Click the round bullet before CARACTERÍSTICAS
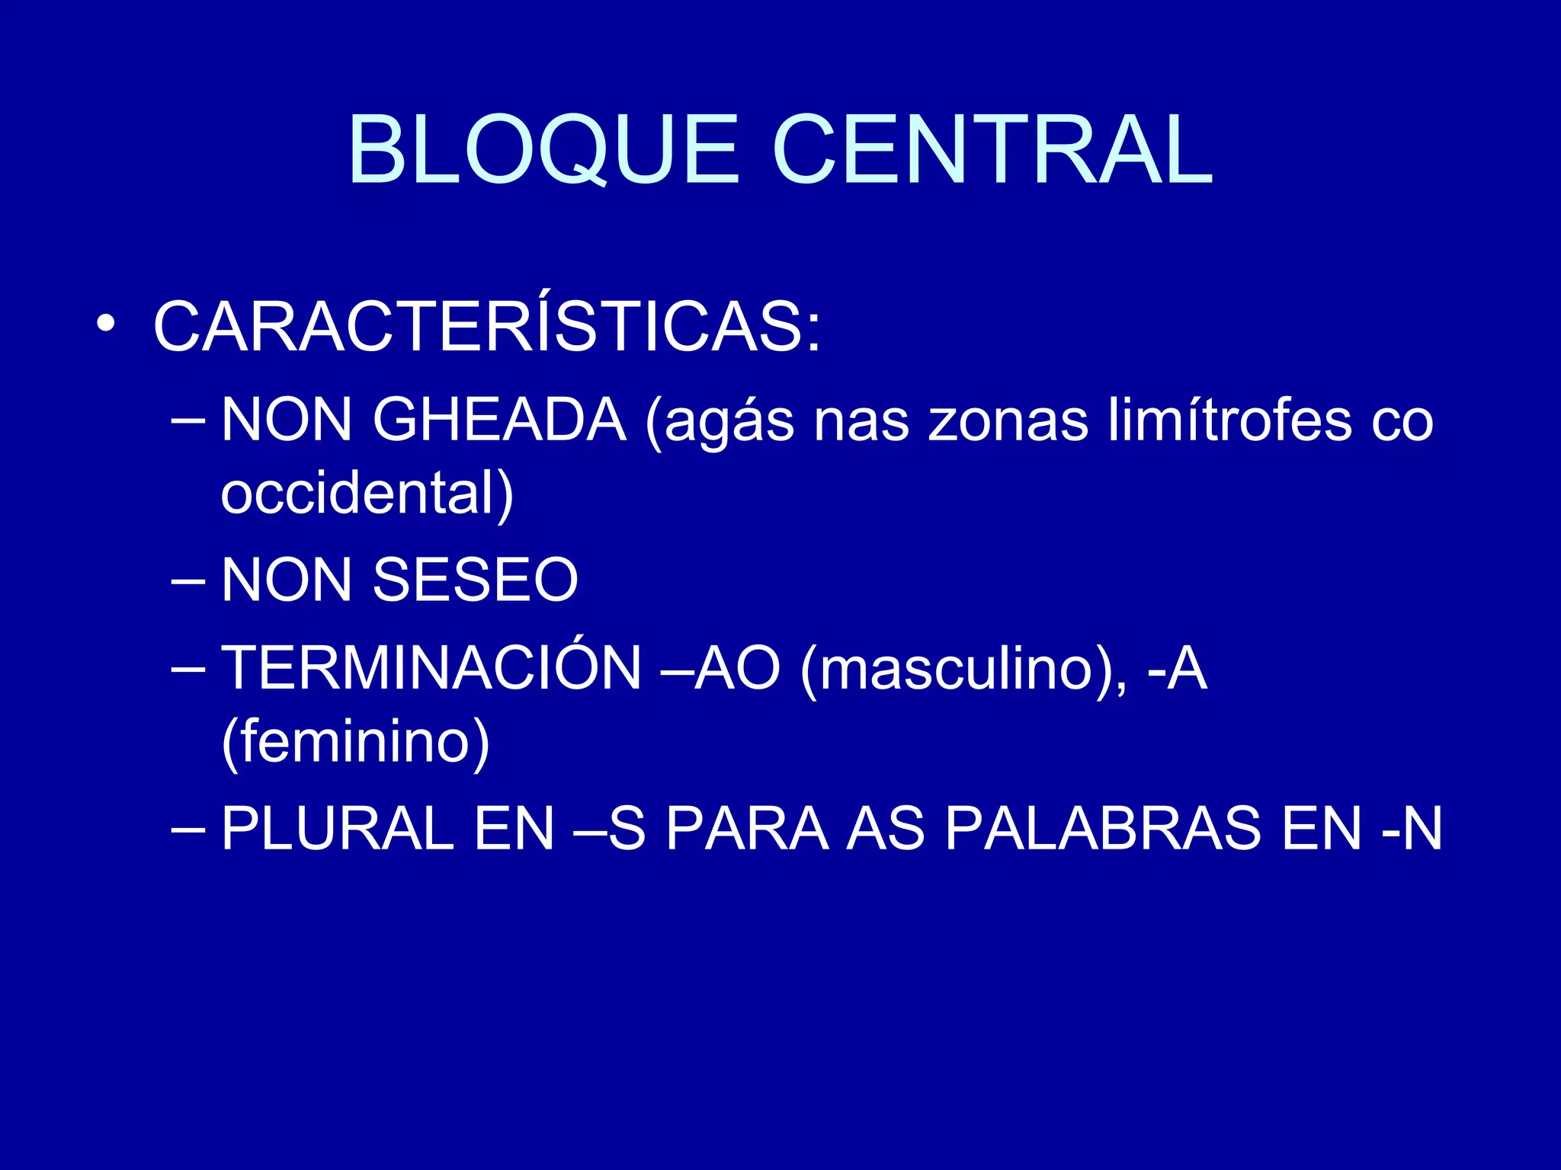[x=106, y=323]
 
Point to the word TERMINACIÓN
[x=431, y=667]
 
